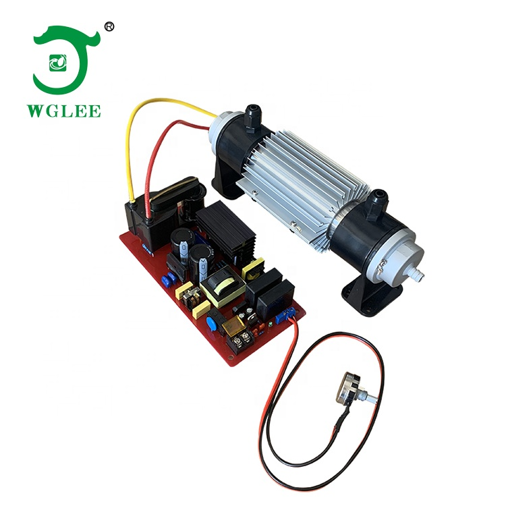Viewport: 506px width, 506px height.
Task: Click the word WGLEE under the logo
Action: point(64,111)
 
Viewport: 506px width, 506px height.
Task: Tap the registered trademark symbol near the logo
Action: point(110,27)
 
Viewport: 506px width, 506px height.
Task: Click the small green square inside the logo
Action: point(58,63)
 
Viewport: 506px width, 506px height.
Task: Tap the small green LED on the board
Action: point(270,324)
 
